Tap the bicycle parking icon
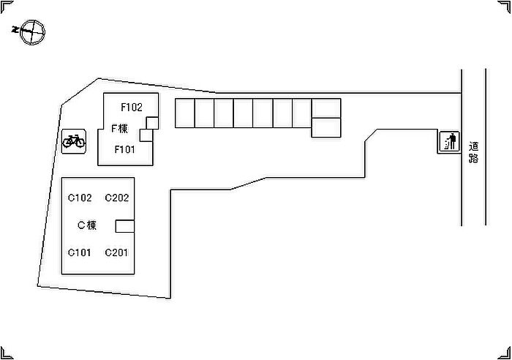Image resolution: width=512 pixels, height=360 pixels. click(74, 141)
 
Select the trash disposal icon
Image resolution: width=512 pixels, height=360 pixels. click(450, 141)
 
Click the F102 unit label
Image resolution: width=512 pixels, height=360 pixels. click(132, 107)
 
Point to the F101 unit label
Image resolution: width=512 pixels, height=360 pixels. click(125, 149)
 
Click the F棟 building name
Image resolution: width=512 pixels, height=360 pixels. click(119, 128)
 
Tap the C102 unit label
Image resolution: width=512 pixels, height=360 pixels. click(80, 198)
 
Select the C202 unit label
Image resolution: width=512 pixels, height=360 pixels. click(117, 198)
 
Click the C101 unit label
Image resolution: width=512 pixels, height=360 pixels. click(79, 252)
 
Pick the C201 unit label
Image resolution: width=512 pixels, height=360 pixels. click(116, 252)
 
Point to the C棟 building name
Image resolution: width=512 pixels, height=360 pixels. click(87, 225)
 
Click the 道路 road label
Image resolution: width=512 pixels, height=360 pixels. click(473, 152)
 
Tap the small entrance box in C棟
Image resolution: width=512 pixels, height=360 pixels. click(125, 226)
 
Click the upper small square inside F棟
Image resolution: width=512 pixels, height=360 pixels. click(152, 123)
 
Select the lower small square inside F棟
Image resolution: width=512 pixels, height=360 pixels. click(146, 135)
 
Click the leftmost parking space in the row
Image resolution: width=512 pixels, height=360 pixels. click(185, 113)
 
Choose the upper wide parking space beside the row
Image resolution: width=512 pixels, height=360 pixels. click(326, 108)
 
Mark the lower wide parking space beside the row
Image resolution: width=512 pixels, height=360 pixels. click(326, 127)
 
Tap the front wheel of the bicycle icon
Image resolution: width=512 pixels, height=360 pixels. click(80, 142)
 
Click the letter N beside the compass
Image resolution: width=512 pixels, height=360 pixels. click(15, 29)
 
